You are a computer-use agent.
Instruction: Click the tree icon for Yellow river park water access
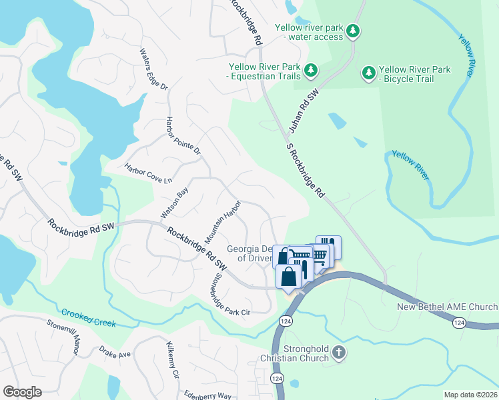[x=353, y=31]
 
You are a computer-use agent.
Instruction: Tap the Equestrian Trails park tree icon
[x=310, y=69]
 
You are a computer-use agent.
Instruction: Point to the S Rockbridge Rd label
[x=305, y=169]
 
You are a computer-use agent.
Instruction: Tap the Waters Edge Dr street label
[x=153, y=69]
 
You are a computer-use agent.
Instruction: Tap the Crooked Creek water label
[x=89, y=318]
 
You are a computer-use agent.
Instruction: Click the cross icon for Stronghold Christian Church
[x=339, y=352]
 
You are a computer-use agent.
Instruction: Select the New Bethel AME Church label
[x=447, y=307]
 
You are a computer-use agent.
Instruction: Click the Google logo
[x=22, y=392]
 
